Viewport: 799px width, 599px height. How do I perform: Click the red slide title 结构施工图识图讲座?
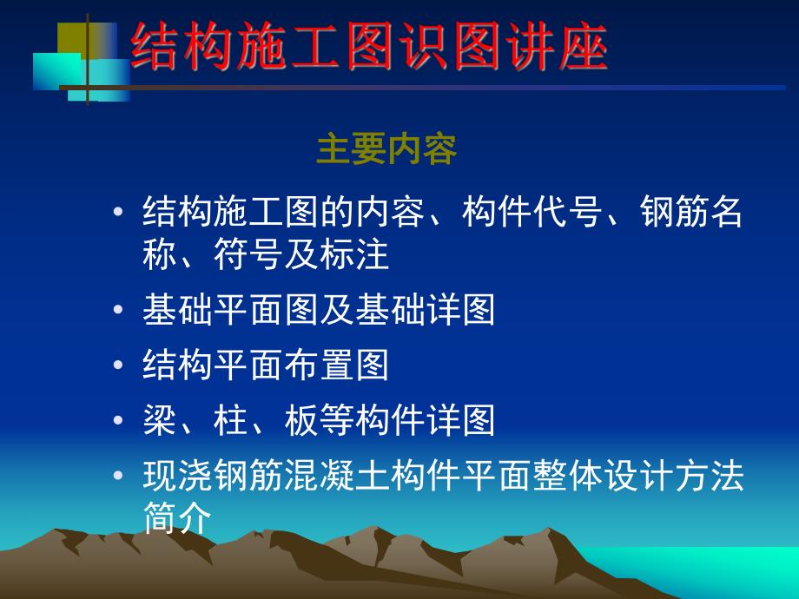pyautogui.click(x=369, y=48)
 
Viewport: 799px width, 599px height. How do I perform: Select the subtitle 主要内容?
pyautogui.click(x=386, y=150)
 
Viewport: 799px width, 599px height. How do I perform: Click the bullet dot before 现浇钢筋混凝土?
pyautogui.click(x=119, y=478)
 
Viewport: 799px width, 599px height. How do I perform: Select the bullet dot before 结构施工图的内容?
pyautogui.click(x=119, y=214)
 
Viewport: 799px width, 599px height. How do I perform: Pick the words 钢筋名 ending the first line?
pyautogui.click(x=691, y=212)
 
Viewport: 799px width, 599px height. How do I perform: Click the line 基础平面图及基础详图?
pyautogui.click(x=319, y=311)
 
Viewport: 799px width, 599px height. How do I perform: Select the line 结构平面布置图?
pyautogui.click(x=265, y=366)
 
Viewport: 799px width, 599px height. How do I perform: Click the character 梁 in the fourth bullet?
pyautogui.click(x=159, y=422)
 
